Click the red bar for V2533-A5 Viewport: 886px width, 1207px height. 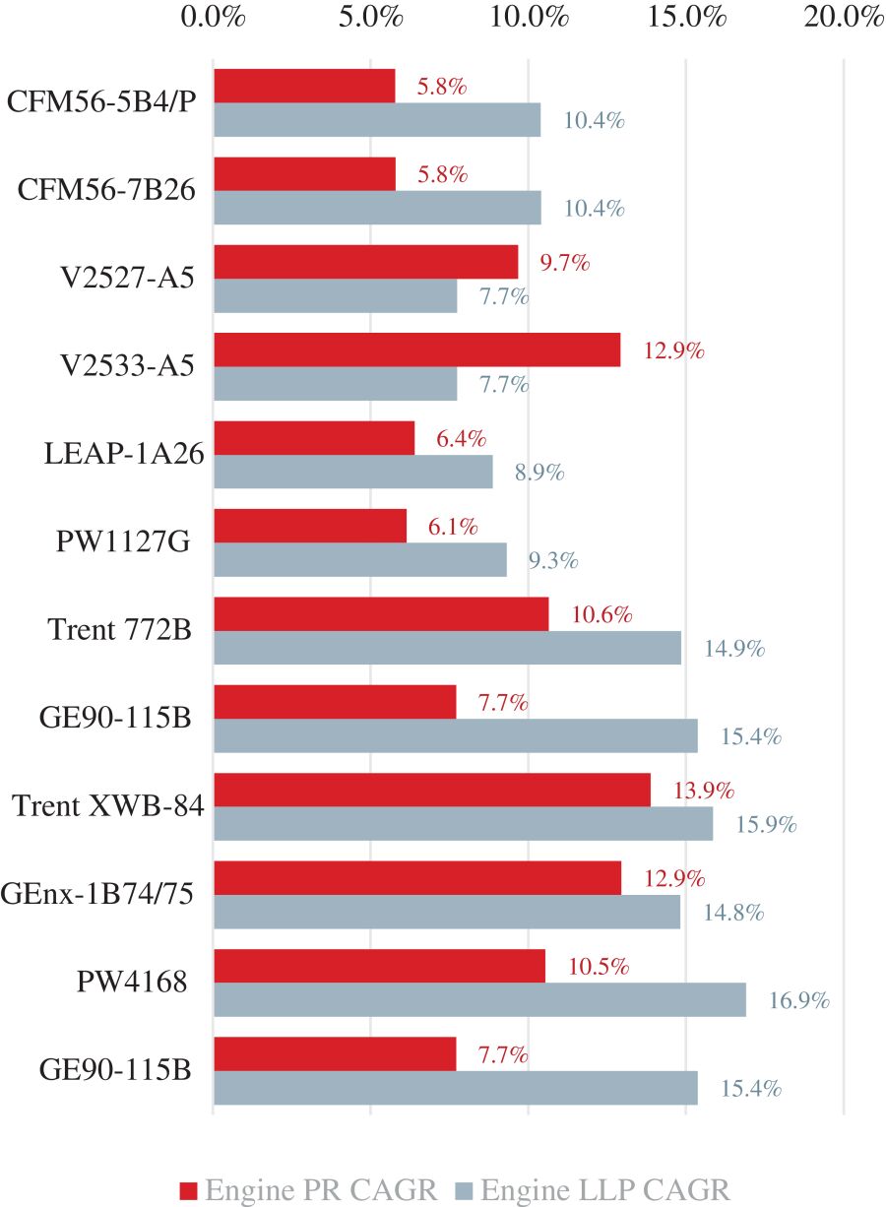coord(416,349)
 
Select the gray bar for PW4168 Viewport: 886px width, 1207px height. coord(479,999)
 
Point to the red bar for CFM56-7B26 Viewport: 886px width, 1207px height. coord(304,173)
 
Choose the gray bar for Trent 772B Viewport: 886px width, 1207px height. coord(447,648)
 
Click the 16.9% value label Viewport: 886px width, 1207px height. coord(799,1001)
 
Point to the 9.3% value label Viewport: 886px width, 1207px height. coord(553,561)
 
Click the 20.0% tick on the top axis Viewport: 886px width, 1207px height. coord(844,18)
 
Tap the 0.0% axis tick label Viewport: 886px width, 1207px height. coord(214,18)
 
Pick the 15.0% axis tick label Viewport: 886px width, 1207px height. coord(686,18)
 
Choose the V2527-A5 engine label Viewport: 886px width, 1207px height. coord(123,279)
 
